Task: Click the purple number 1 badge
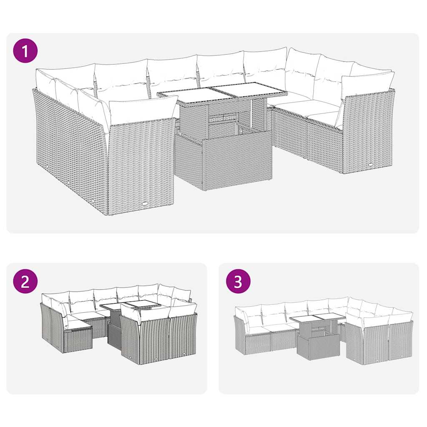click(x=25, y=51)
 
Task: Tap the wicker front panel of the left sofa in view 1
click(x=141, y=167)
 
